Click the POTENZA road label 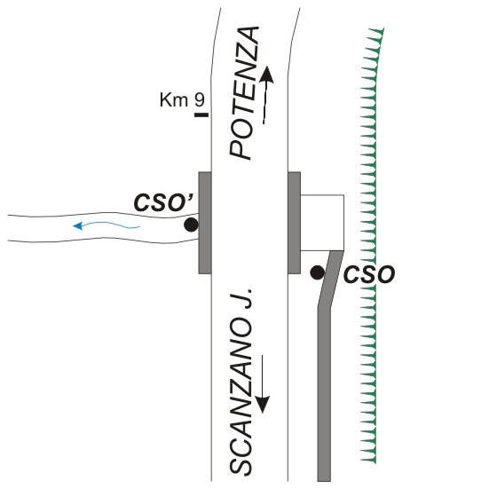[x=244, y=93]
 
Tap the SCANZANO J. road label [x=241, y=382]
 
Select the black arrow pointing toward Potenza [x=265, y=95]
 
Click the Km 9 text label [x=182, y=99]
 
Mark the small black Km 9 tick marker [x=201, y=115]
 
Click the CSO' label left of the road [x=163, y=202]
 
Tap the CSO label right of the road [x=369, y=274]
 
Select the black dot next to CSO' [x=191, y=225]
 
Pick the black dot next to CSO [x=318, y=272]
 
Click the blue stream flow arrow [x=106, y=225]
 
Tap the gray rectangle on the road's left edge [x=205, y=223]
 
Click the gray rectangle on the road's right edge [x=294, y=223]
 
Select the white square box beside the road [x=322, y=223]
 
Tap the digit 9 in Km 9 [x=200, y=99]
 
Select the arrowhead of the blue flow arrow [x=77, y=225]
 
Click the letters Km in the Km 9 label [x=174, y=99]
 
